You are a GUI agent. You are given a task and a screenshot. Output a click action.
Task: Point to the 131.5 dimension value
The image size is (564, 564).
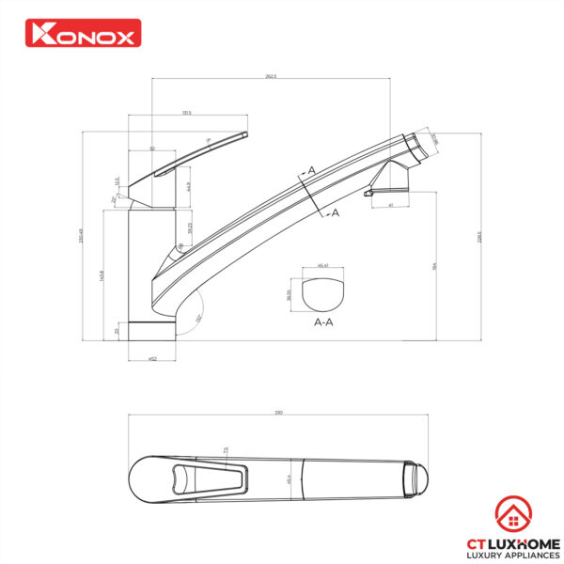[187, 113]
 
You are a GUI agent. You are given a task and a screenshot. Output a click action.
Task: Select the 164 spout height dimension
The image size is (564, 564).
[434, 266]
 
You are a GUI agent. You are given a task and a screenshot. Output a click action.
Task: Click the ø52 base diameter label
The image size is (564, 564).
[151, 358]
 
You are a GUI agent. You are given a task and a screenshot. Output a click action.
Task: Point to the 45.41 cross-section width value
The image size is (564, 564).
[324, 266]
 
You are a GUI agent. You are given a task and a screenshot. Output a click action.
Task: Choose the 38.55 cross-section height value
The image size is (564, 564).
[289, 293]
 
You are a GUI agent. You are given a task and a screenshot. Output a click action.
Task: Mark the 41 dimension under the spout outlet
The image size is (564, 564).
[389, 205]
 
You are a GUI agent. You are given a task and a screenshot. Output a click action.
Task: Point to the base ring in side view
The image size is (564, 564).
[151, 330]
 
